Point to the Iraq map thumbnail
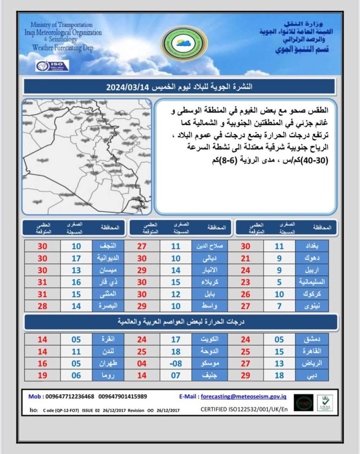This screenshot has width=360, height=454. pos(87,157)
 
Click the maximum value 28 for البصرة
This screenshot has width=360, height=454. pos(42,306)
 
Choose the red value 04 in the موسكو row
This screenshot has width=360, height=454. pos(142,363)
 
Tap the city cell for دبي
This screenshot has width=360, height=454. pos(312,375)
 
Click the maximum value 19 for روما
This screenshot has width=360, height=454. pos(42,375)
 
